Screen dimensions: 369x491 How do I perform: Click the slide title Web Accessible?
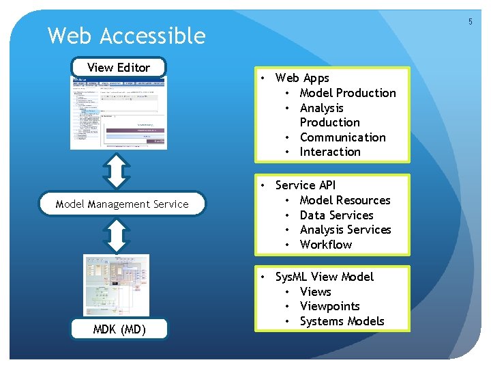tap(126, 36)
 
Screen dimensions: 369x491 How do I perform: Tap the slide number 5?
tap(470, 23)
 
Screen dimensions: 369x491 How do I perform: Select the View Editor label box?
tap(119, 67)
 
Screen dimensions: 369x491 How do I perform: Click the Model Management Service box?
tap(122, 204)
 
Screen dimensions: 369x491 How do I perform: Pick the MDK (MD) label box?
tap(119, 330)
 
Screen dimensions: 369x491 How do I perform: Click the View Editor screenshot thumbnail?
tap(118, 113)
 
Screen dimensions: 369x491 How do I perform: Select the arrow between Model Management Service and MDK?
tap(119, 235)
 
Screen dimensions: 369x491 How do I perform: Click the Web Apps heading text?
tap(302, 79)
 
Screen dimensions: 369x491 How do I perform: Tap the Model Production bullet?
tap(348, 93)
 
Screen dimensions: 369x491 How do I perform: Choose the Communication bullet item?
tap(342, 137)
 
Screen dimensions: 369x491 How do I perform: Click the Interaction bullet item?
tap(330, 152)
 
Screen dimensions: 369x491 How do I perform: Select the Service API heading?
tap(306, 185)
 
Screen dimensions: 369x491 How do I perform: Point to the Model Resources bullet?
tap(345, 200)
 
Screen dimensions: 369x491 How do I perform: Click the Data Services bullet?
tap(336, 215)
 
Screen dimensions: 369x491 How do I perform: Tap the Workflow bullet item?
tap(326, 245)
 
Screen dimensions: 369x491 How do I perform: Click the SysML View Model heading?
tap(325, 277)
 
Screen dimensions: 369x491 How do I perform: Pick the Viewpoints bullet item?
tap(329, 306)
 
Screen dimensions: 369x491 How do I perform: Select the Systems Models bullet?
tap(342, 321)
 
